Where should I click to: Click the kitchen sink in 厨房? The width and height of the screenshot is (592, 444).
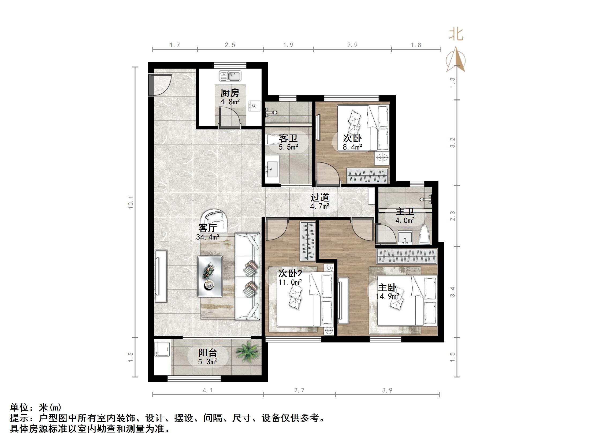tap(230, 76)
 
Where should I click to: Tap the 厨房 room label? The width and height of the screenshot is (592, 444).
tap(230, 93)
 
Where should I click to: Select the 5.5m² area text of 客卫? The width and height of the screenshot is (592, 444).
tap(288, 147)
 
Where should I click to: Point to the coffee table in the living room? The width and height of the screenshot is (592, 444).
tap(210, 276)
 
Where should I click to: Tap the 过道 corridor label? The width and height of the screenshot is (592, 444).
tap(320, 197)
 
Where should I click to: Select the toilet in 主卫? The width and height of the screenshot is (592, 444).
tap(425, 235)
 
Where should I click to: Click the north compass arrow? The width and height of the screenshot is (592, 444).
tap(456, 60)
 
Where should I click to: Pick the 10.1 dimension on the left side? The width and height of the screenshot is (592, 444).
tap(131, 202)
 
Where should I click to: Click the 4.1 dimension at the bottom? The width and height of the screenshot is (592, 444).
tap(207, 390)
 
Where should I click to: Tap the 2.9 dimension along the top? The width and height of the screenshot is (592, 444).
tap(352, 45)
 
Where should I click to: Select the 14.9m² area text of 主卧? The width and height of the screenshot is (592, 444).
tap(387, 296)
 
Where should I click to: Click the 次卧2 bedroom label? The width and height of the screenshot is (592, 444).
tap(290, 273)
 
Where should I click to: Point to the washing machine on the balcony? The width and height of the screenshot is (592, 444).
tap(162, 348)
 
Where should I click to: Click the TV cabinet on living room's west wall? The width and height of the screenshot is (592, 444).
tap(161, 276)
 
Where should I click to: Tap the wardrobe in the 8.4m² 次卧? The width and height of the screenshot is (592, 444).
tap(367, 176)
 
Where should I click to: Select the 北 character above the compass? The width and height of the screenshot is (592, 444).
tap(456, 35)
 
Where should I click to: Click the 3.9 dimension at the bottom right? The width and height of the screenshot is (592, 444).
tap(387, 390)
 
